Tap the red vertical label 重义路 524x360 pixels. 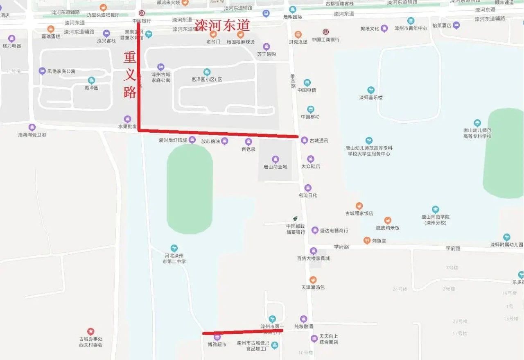pos(130,75)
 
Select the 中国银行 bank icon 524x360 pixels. pos(142,13)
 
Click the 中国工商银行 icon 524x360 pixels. pos(325,32)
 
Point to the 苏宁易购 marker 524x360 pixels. pos(267,47)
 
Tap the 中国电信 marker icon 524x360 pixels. pos(307,83)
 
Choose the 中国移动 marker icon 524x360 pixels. pos(310,109)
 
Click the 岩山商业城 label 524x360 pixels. pos(276,167)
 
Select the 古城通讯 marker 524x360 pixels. pos(304,140)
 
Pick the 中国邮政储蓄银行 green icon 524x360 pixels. pos(295,218)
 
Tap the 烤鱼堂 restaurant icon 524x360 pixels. pos(367,240)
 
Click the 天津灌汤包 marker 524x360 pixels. pos(313,280)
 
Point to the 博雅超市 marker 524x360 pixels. pos(217,337)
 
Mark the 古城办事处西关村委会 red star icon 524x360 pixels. pos(90,331)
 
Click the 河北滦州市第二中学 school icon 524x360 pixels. pos(174,248)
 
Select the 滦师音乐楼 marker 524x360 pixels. pos(370,90)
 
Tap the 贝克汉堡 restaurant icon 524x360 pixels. pos(298,34)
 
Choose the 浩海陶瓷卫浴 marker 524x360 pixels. pos(32,127)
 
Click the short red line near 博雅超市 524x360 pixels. pos(242,332)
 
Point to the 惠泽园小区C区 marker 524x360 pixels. pos(207,72)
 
